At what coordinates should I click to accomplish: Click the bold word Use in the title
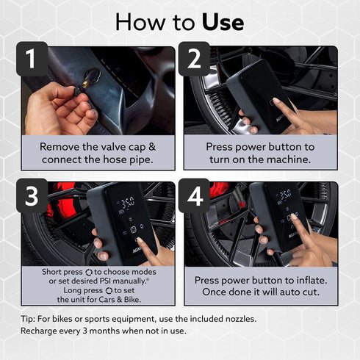click(223, 23)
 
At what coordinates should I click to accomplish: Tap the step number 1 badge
click(32, 59)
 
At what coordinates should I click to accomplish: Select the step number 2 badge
click(194, 59)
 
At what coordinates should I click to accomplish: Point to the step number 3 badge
click(32, 195)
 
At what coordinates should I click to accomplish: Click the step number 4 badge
click(194, 195)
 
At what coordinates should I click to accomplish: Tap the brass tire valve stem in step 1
click(86, 84)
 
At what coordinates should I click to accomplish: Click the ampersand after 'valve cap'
click(152, 147)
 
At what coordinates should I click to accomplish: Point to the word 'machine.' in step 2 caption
click(289, 159)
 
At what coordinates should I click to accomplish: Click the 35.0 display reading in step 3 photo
click(128, 203)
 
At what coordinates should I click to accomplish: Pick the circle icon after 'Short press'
click(89, 273)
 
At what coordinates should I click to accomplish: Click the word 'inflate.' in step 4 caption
click(312, 280)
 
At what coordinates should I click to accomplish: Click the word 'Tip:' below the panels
click(28, 319)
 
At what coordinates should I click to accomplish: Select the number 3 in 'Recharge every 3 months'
click(84, 331)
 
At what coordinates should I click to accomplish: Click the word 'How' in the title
click(140, 23)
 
